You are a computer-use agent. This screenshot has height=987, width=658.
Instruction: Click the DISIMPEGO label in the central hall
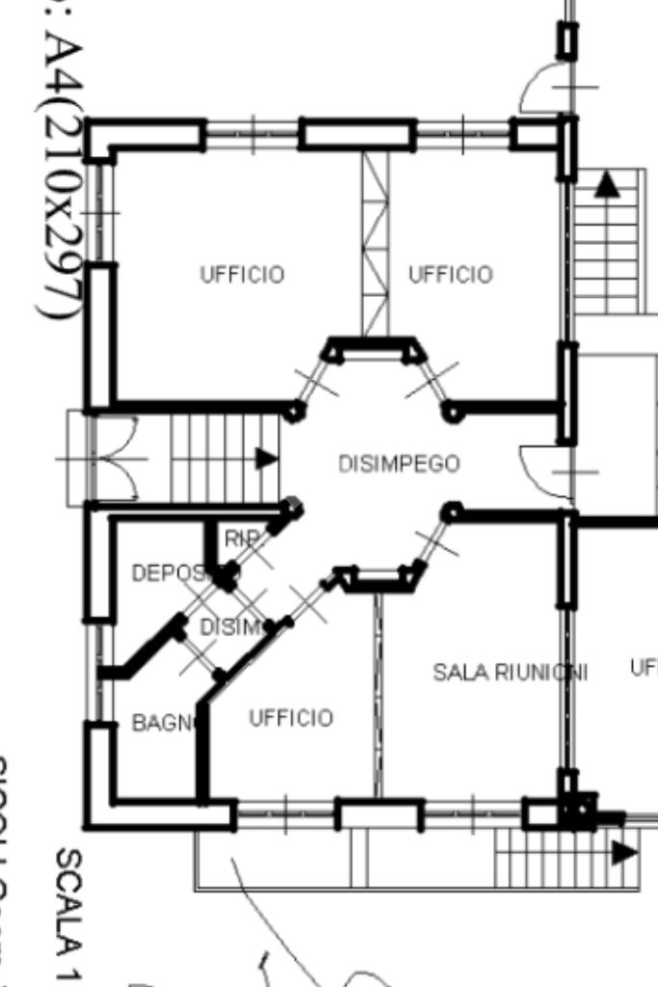click(399, 464)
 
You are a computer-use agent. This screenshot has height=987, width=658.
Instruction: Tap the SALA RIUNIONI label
click(510, 672)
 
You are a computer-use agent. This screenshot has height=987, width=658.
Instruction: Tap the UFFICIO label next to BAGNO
click(291, 718)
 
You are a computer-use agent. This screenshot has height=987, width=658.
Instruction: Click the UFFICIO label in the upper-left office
click(242, 275)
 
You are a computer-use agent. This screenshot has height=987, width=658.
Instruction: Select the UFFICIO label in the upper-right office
click(450, 275)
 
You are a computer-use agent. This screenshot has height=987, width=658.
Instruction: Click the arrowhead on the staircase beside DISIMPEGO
click(266, 458)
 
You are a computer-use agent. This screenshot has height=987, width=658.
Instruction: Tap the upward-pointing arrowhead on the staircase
click(606, 184)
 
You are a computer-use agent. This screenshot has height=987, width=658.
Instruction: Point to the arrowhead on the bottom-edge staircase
click(623, 852)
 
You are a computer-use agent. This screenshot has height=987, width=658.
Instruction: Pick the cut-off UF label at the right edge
click(644, 667)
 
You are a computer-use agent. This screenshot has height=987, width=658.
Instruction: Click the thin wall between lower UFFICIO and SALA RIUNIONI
click(378, 694)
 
